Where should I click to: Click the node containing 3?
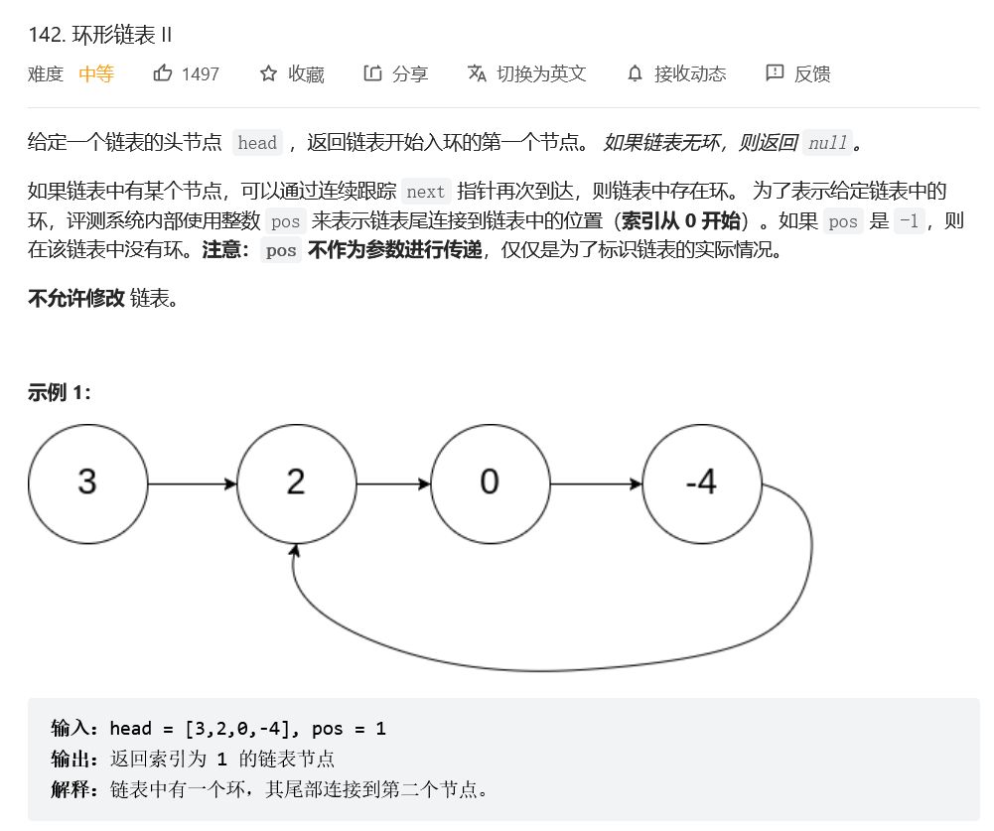pos(87,484)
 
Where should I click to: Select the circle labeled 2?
pos(296,484)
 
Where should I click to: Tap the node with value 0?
pos(490,484)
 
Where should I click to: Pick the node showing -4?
pos(702,484)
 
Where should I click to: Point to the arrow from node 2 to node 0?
pos(393,485)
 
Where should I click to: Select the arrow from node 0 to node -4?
pos(596,485)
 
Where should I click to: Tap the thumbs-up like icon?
pos(163,73)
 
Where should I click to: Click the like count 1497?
pos(201,73)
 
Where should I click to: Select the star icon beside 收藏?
pos(268,73)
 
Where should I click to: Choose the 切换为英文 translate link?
pos(541,73)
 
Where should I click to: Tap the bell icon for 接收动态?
pos(636,73)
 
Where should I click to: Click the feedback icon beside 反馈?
pos(775,73)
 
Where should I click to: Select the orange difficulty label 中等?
pos(96,73)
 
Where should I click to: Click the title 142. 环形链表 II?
pos(100,34)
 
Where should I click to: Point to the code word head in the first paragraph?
pos(257,143)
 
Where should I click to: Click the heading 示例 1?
pos(60,392)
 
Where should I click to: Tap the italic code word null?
pos(828,143)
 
